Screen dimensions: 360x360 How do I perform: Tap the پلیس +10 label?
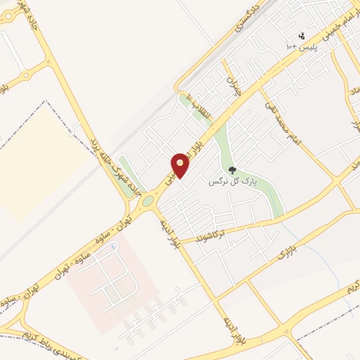(x=301, y=46)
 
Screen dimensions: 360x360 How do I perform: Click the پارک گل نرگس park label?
(x=233, y=181)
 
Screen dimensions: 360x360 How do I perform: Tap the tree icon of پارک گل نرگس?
(x=232, y=169)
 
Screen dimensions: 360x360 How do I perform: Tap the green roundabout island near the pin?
(x=147, y=202)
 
